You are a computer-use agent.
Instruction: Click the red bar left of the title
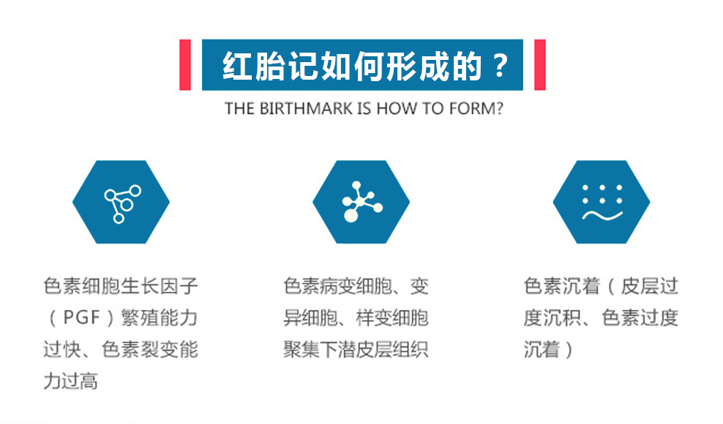tap(185, 65)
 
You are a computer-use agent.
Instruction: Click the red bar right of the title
tap(539, 65)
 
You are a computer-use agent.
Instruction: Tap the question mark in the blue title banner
tap(500, 66)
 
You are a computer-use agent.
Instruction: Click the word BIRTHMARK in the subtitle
tap(306, 109)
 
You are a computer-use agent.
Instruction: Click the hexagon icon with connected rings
tap(121, 202)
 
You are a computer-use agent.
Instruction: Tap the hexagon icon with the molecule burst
tap(361, 202)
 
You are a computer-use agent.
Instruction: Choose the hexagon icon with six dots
tap(602, 202)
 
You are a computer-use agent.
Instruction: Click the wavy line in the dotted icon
tap(603, 215)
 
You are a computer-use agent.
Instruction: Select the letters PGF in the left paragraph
tap(81, 317)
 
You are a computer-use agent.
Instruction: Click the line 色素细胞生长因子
tap(121, 287)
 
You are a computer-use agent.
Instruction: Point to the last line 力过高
tap(70, 381)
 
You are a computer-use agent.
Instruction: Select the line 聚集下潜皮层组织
tap(356, 349)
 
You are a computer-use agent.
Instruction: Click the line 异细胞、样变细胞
tap(356, 317)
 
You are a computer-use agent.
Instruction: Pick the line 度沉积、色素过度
tap(601, 317)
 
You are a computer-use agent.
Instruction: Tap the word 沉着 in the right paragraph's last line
tap(542, 349)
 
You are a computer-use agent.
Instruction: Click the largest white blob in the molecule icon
tap(351, 215)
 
